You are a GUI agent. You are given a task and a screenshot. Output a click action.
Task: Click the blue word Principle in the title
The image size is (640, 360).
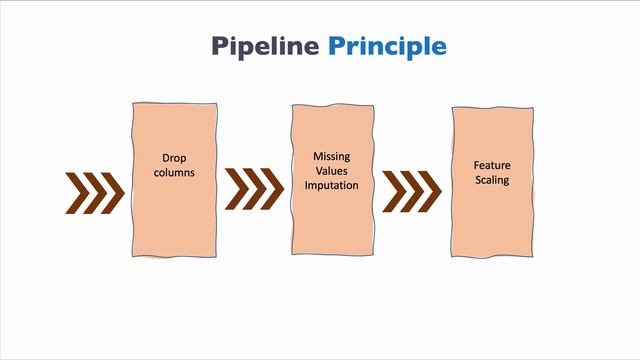click(387, 46)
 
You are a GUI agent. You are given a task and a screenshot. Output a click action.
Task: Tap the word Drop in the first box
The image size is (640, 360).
click(175, 158)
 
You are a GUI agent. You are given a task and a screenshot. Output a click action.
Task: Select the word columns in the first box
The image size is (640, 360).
click(175, 172)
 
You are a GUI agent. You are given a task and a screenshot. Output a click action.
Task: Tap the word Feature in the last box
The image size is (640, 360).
click(492, 165)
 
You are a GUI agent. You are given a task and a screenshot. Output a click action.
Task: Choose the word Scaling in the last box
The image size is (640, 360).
click(492, 180)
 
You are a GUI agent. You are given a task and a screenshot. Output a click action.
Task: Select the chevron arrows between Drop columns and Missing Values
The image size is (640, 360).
click(254, 188)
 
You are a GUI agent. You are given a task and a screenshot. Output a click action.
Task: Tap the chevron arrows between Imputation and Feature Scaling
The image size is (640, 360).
click(412, 190)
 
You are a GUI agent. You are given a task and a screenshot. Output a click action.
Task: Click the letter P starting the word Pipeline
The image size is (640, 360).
click(220, 46)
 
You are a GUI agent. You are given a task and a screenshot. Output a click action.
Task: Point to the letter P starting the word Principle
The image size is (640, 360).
click(337, 46)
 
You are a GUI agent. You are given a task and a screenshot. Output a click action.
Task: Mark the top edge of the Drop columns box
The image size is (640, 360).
click(175, 102)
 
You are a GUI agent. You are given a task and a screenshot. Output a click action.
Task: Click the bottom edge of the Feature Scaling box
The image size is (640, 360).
click(492, 256)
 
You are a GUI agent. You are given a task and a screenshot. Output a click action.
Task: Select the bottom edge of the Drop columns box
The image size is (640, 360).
click(175, 257)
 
